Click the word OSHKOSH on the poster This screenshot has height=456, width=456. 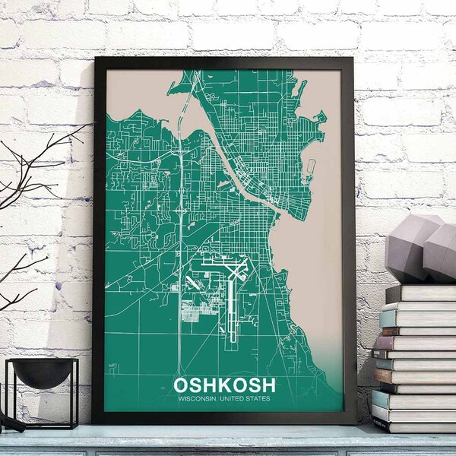224,386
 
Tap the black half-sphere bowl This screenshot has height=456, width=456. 43,372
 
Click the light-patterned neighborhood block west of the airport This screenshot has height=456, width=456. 190,310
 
